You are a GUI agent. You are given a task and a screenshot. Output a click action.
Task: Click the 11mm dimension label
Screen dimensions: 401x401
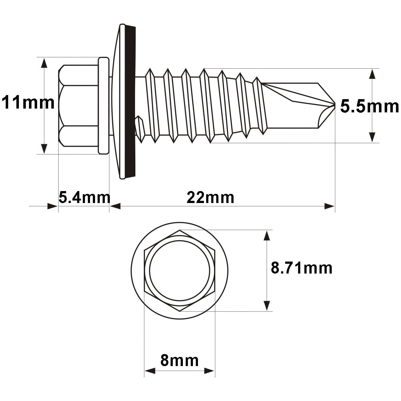[x=28, y=103]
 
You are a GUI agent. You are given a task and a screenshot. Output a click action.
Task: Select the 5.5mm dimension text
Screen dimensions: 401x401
[x=369, y=107]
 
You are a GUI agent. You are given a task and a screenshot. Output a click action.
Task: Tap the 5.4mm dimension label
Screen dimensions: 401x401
[x=84, y=198]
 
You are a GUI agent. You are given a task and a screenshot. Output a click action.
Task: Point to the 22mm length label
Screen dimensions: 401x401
[x=210, y=198]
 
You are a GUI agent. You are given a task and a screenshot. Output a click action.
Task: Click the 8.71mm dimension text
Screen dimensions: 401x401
[x=302, y=268]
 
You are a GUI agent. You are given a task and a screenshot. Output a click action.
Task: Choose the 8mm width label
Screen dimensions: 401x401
[x=179, y=360]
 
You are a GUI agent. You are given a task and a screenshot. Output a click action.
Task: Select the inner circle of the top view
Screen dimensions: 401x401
[x=179, y=271]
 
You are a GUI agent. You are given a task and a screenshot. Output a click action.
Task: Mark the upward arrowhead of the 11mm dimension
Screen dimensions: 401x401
[x=44, y=63]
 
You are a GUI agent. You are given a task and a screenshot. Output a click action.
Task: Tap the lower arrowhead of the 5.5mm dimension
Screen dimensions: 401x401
[x=372, y=137]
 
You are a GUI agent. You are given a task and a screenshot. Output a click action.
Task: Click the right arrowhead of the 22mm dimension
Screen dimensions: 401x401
[x=329, y=206]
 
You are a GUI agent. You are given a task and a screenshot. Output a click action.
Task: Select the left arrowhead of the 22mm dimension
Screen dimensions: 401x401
[x=115, y=206]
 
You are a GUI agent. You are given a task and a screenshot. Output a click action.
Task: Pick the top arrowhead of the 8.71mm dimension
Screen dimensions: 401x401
[x=267, y=236]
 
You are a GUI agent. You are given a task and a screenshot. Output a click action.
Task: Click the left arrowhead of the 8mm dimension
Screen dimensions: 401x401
[x=150, y=371]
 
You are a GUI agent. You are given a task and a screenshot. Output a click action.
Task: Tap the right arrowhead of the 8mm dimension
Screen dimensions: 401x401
[x=209, y=371]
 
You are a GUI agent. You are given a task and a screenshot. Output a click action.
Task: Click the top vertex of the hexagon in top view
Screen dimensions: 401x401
[x=180, y=230]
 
